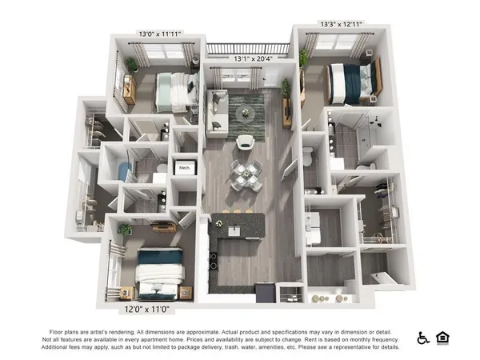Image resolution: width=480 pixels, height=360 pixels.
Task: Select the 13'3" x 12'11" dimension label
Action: pos(341,24)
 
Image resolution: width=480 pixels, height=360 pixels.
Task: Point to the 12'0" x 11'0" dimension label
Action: pos(146,306)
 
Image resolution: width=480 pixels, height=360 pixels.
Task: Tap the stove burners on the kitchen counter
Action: pos(214,261)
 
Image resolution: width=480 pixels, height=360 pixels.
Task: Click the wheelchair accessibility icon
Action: pos(423,338)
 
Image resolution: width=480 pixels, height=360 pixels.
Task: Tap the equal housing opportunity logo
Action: pos(442,338)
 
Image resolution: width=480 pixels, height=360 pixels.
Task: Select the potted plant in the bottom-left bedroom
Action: pos(125,230)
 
